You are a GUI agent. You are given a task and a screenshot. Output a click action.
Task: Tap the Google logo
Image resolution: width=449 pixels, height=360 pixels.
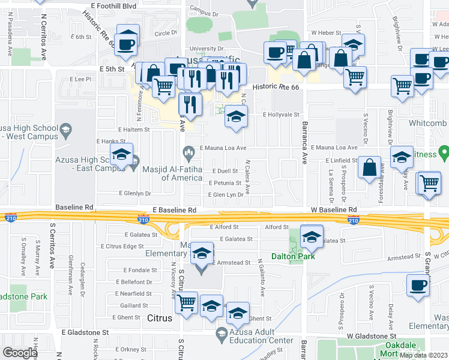[20, 353]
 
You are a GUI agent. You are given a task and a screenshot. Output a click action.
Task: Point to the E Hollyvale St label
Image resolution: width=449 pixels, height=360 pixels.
[281, 114]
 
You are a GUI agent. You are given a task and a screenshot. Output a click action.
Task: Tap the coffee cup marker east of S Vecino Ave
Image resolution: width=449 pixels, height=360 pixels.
[418, 286]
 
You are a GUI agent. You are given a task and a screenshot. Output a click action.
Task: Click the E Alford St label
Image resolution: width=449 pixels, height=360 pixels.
[224, 227]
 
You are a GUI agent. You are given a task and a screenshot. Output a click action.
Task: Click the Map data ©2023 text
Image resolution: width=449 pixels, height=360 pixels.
[423, 355]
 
